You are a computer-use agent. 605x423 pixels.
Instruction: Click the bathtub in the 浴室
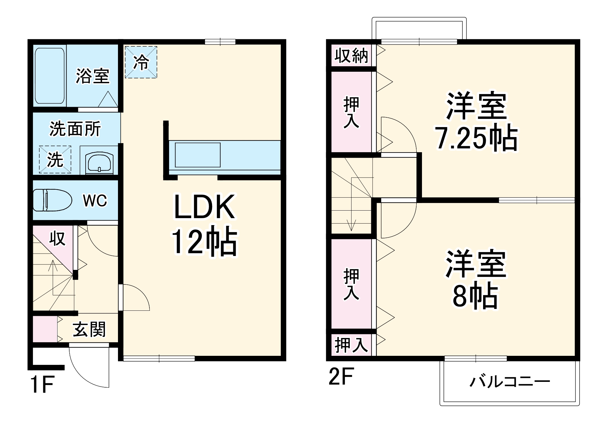point(50,76)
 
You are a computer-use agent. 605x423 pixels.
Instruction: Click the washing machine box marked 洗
point(55,159)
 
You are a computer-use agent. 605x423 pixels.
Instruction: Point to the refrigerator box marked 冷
point(141,62)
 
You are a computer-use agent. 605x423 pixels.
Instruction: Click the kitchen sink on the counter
point(198,155)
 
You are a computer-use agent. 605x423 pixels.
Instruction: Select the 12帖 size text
point(204,241)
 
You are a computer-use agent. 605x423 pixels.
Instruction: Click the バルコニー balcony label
point(509,382)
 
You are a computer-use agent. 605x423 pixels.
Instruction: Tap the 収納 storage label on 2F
point(351,56)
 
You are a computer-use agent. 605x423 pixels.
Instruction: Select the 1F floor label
point(42,384)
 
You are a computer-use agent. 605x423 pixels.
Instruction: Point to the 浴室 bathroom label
point(93,76)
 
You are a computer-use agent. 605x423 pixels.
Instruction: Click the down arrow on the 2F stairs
point(351,225)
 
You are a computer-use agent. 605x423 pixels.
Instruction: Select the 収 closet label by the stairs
point(57,238)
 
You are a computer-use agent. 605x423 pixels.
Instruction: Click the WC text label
point(95,200)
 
